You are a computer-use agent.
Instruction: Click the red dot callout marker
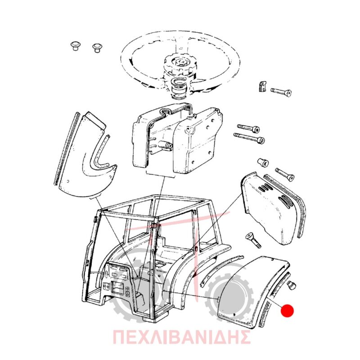coord(287,310)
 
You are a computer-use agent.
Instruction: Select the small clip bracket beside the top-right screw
coord(263,86)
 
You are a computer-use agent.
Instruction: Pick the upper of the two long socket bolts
coord(249,128)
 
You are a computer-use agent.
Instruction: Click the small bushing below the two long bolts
coord(263,162)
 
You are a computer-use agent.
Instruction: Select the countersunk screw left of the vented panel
coord(253,240)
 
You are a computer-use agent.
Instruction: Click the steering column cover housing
coord(178,140)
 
